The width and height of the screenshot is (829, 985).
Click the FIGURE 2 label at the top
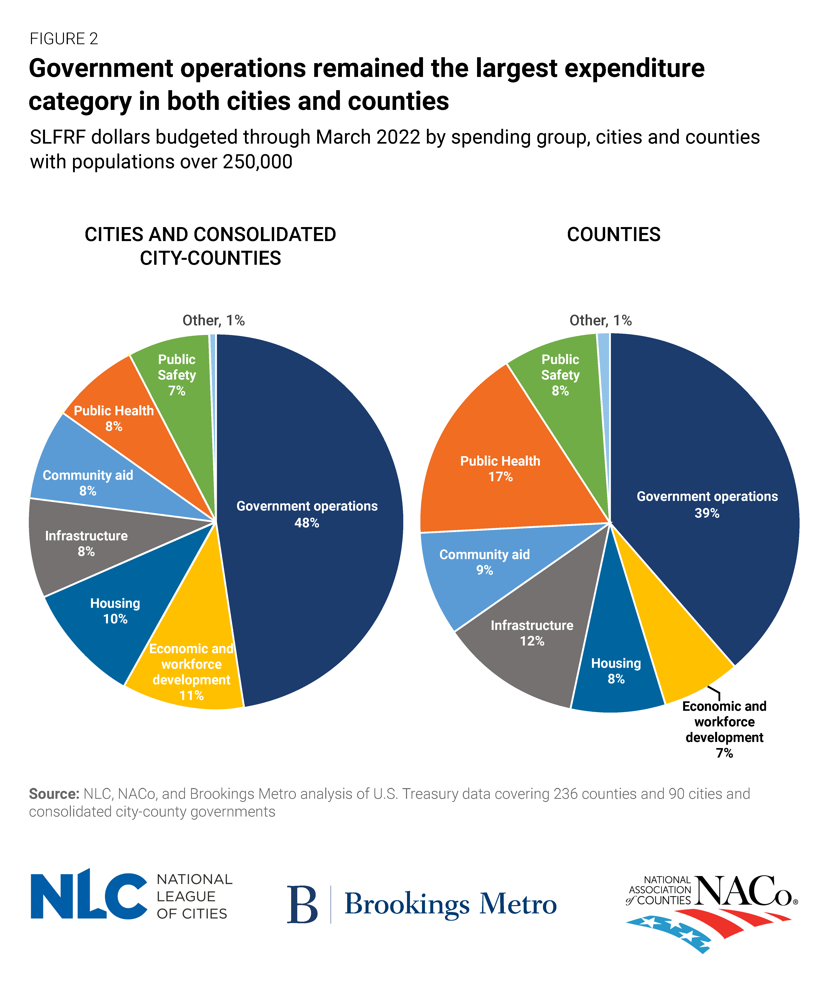(64, 38)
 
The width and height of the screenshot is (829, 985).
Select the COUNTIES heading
(614, 234)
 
